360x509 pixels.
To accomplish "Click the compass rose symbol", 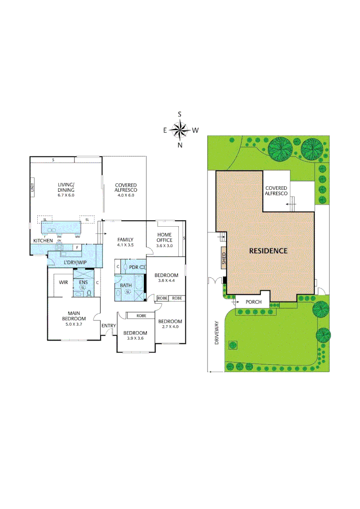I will (x=180, y=130).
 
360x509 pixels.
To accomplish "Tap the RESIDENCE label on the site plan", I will (x=268, y=251).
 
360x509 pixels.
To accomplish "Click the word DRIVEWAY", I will (x=218, y=333).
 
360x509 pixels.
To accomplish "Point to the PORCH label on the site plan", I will (x=253, y=302).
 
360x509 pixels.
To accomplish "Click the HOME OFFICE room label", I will (x=164, y=238).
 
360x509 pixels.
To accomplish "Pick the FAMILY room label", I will (x=125, y=239).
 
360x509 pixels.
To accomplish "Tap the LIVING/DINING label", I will (x=66, y=187).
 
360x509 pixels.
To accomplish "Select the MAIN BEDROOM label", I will (x=73, y=316).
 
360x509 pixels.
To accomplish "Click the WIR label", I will (x=63, y=282).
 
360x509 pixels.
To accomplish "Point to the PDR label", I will (x=134, y=267).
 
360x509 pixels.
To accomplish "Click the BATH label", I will (x=126, y=285).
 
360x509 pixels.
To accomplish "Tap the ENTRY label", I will (x=108, y=325).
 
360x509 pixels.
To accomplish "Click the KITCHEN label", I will (x=42, y=241).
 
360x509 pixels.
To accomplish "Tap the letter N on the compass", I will (x=180, y=146).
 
